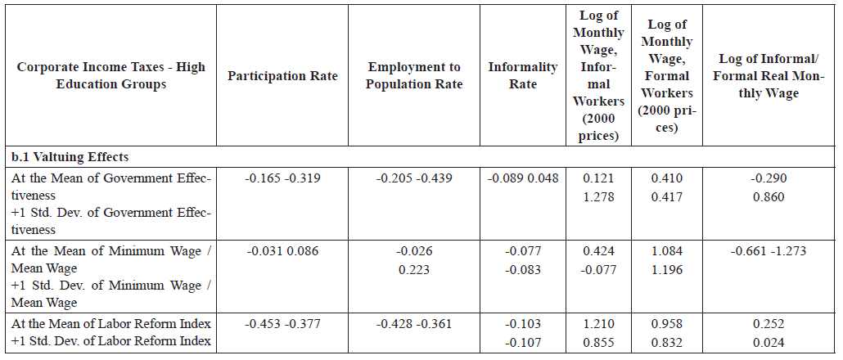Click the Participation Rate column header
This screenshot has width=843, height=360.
[282, 76]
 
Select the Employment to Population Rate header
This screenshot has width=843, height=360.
[414, 76]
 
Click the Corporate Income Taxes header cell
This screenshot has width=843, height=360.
[112, 76]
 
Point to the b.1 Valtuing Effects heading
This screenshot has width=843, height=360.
[70, 156]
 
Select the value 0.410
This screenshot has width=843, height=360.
[666, 178]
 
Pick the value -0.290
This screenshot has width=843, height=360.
[769, 178]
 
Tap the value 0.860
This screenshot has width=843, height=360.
[769, 197]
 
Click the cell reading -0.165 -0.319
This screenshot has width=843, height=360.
[282, 178]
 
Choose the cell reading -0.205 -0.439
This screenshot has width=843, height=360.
[414, 178]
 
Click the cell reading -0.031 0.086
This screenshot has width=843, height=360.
[282, 250]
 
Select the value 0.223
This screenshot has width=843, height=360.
[414, 270]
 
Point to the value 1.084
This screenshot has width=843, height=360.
[666, 250]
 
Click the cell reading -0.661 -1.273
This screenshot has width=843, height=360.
[769, 250]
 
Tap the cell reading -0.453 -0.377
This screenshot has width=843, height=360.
[282, 323]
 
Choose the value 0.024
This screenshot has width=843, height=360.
[769, 343]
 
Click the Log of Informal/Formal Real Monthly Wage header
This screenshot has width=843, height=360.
[769, 76]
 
